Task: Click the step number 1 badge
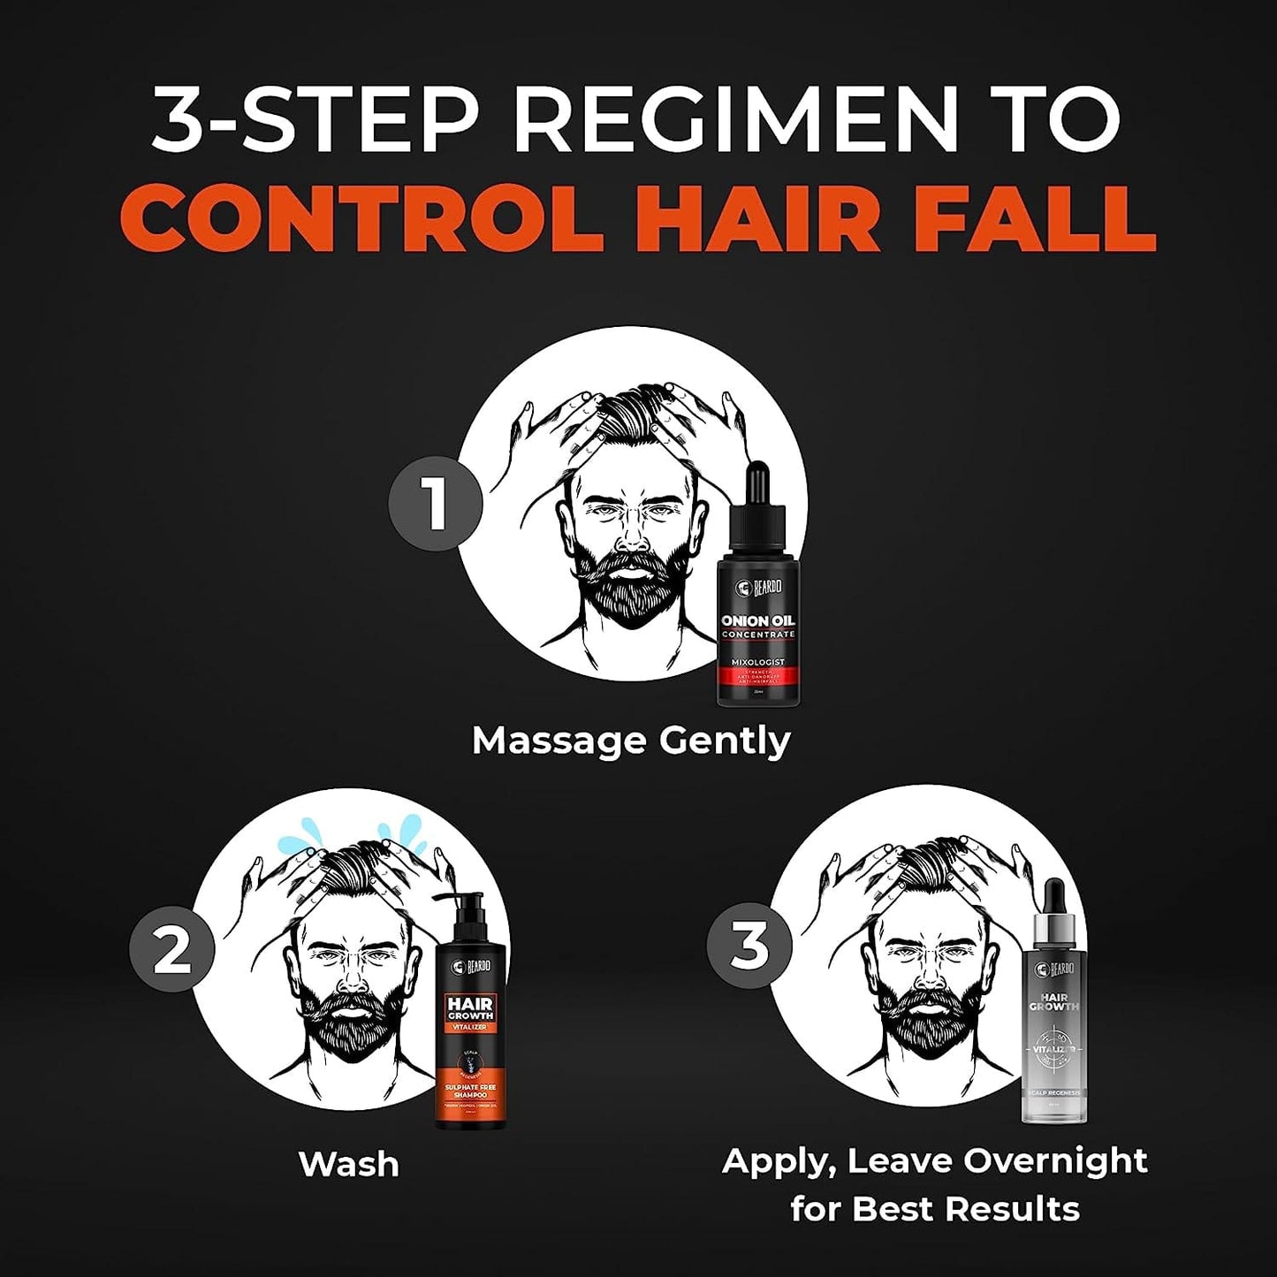(x=435, y=505)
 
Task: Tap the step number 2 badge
(x=171, y=953)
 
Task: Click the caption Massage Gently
(x=631, y=741)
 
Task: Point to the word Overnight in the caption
(x=1054, y=1159)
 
